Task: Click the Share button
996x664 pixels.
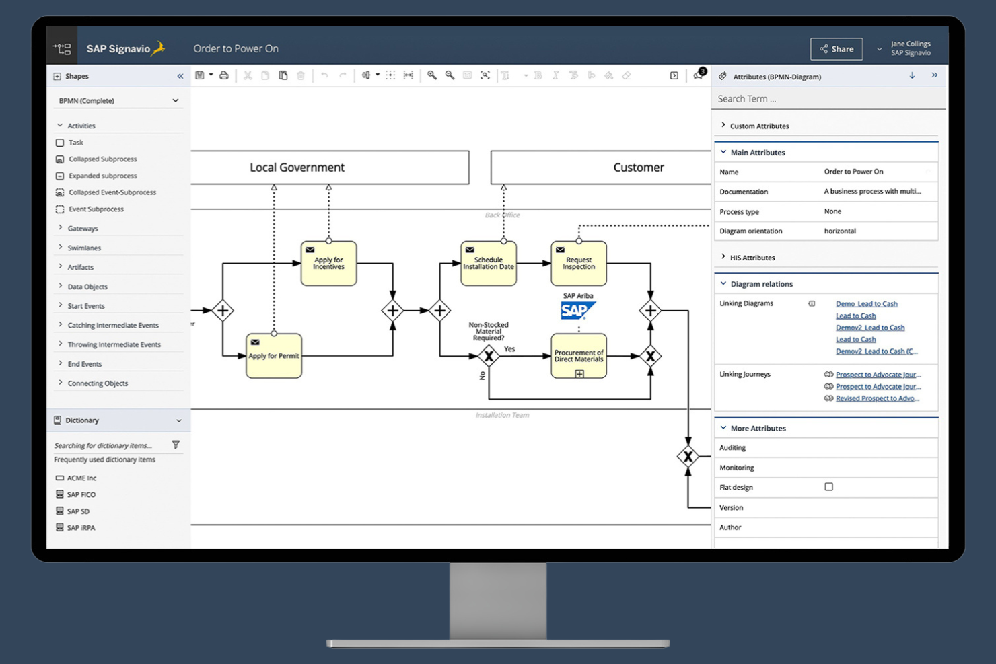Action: pyautogui.click(x=837, y=49)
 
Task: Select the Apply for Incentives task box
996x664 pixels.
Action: pyautogui.click(x=328, y=264)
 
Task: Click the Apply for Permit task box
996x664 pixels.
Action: pyautogui.click(x=274, y=356)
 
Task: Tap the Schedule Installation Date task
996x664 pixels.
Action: pyautogui.click(x=489, y=264)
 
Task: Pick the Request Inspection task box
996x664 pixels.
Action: pyautogui.click(x=579, y=264)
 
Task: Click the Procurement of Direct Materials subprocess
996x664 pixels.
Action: pyautogui.click(x=579, y=356)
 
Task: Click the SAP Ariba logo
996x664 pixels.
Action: pyautogui.click(x=577, y=310)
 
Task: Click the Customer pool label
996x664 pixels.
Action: pyautogui.click(x=638, y=168)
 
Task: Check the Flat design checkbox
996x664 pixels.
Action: pyautogui.click(x=828, y=487)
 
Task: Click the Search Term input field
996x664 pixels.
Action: pyautogui.click(x=828, y=99)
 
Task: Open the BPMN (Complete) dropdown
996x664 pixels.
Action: pyautogui.click(x=118, y=101)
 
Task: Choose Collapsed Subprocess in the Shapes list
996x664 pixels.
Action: pyautogui.click(x=102, y=159)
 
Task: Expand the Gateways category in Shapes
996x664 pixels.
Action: pyautogui.click(x=82, y=229)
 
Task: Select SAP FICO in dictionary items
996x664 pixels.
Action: pyautogui.click(x=81, y=494)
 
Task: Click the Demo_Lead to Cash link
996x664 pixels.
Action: pyautogui.click(x=866, y=304)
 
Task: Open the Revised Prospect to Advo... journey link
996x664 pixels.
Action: pyautogui.click(x=877, y=398)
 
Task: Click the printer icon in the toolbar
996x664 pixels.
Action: pyautogui.click(x=224, y=75)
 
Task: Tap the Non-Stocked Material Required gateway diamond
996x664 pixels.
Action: pyautogui.click(x=489, y=356)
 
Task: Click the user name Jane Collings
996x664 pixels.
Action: pyautogui.click(x=911, y=44)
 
